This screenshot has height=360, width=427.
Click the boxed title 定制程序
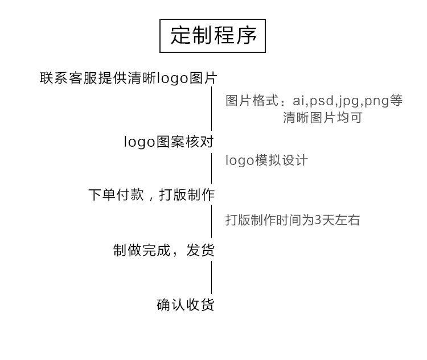tap(213, 36)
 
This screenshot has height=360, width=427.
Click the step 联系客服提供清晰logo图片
tap(128, 78)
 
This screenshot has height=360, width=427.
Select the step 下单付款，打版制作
tap(151, 195)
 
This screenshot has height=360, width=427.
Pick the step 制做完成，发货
tap(164, 250)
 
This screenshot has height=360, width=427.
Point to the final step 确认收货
tap(186, 305)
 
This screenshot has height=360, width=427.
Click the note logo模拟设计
tap(266, 160)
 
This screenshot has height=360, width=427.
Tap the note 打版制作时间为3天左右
tap(293, 220)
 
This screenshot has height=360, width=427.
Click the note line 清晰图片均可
tap(323, 118)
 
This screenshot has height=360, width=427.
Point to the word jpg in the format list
tap(349, 101)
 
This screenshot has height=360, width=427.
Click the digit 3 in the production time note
tap(318, 220)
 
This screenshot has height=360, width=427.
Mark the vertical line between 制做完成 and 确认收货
tap(212, 277)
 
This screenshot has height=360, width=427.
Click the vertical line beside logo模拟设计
tap(212, 168)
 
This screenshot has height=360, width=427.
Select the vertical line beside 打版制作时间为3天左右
tap(212, 222)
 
